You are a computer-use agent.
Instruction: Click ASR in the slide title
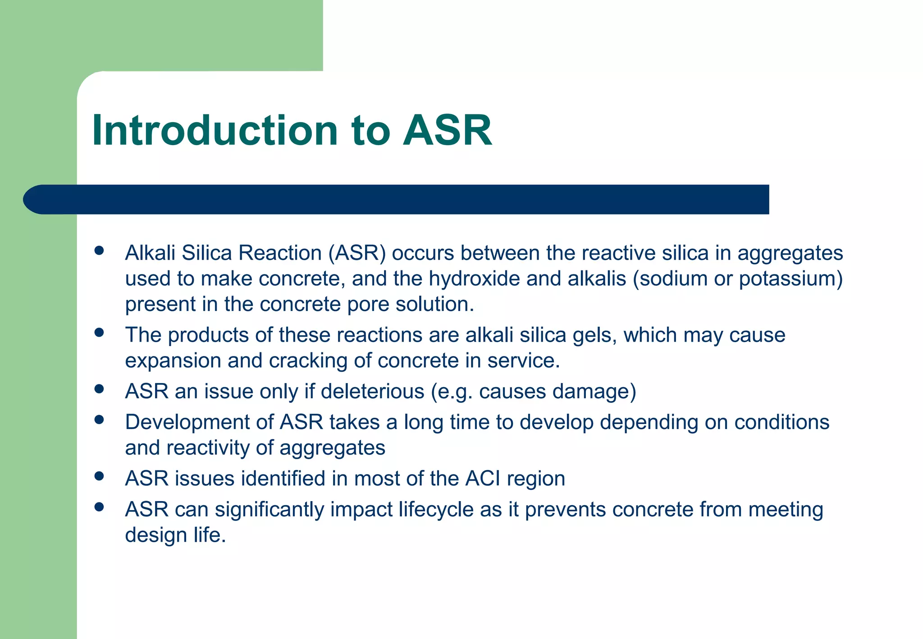pyautogui.click(x=447, y=131)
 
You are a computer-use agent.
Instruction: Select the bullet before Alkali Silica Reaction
pyautogui.click(x=100, y=251)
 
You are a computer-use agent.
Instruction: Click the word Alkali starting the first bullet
pyautogui.click(x=150, y=253)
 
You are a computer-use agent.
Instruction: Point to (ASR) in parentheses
pyautogui.click(x=357, y=253)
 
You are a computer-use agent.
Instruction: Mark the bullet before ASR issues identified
pyautogui.click(x=100, y=476)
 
